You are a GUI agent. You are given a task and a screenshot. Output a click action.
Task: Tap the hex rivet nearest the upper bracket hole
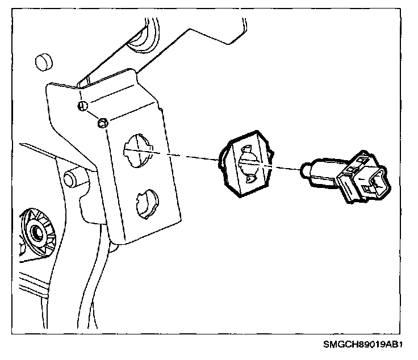click(103, 123)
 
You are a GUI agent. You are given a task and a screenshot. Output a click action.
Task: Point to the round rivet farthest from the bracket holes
click(82, 106)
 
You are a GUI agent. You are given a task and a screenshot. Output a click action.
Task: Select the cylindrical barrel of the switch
click(321, 171)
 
